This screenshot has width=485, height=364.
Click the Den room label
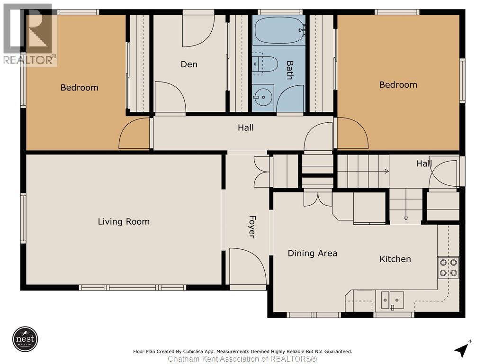189,64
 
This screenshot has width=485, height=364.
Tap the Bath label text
290,70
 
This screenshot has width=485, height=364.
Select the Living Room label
124,222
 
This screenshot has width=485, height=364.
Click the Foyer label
252,227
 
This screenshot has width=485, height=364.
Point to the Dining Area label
313,253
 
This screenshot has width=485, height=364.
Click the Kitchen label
395,259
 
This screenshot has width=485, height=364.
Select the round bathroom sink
263,97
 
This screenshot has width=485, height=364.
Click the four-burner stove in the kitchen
448,267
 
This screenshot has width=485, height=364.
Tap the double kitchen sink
392,300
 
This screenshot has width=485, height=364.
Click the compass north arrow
462,349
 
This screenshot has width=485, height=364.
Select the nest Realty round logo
26,339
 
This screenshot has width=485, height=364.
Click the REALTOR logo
30,35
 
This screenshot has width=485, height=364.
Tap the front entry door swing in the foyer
248,265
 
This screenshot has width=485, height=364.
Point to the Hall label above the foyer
246,127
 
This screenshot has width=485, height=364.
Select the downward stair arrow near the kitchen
406,218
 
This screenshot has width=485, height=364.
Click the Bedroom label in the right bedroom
398,85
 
